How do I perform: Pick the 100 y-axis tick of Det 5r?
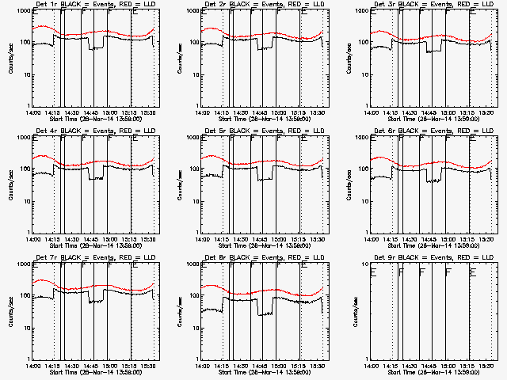[193, 169]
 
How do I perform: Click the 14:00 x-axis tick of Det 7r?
[33, 366]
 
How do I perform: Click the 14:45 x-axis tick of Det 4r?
[87, 239]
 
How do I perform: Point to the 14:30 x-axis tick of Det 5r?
[239, 239]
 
